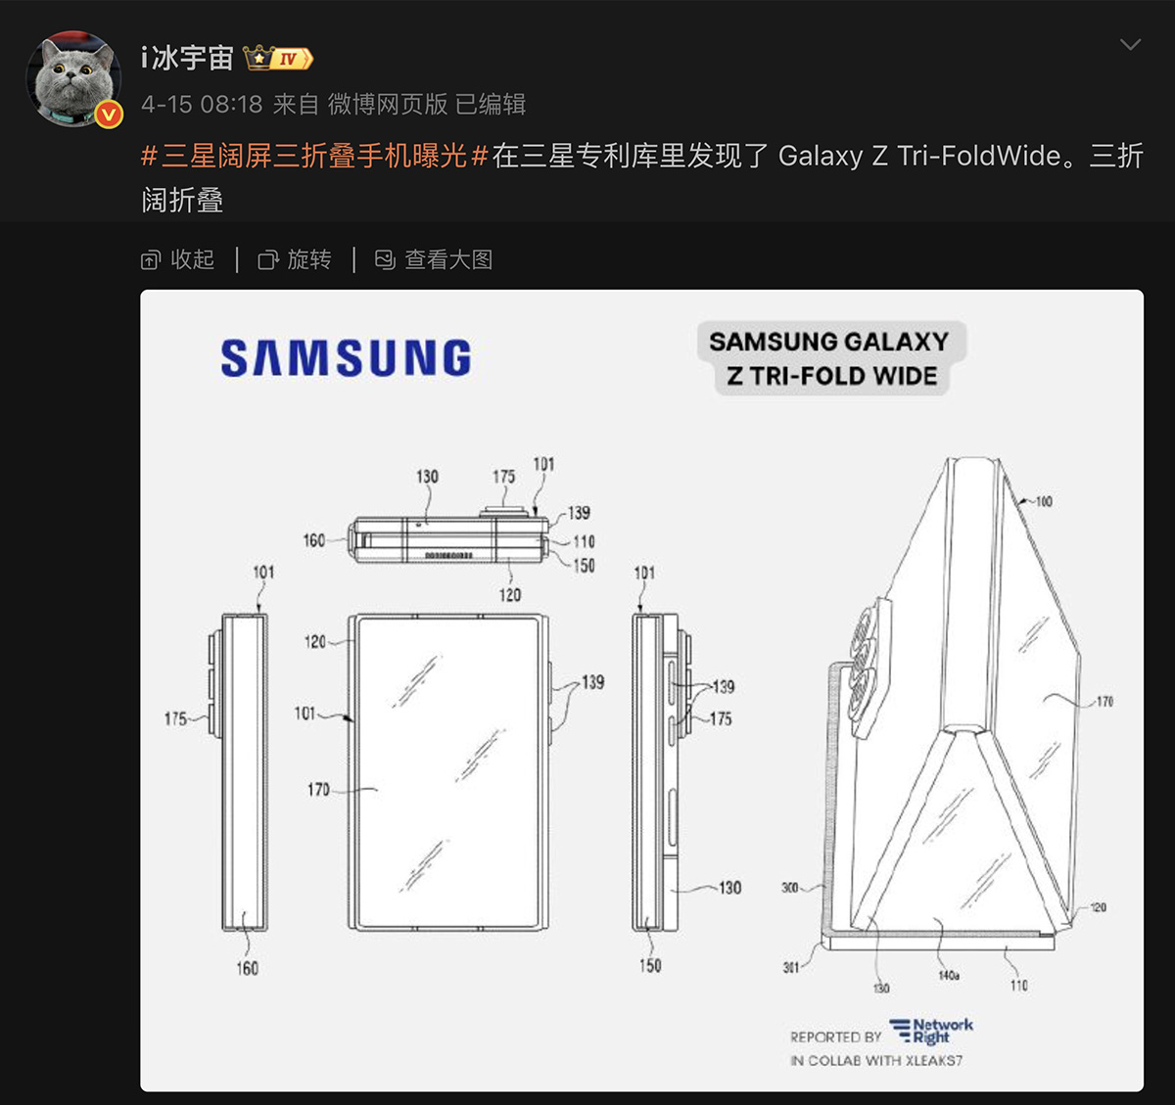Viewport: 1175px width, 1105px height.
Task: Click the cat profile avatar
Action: (73, 79)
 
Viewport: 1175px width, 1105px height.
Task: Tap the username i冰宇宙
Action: (188, 59)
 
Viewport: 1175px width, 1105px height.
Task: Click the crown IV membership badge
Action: (278, 59)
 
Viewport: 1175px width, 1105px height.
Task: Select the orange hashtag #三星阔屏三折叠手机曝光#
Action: (314, 157)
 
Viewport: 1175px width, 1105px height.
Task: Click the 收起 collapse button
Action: (177, 259)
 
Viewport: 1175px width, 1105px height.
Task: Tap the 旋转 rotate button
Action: (295, 259)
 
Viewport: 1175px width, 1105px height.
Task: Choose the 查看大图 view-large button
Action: (434, 259)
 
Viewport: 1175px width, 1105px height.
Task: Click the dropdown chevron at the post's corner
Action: (1130, 45)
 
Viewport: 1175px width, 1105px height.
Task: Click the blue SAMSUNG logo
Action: (346, 358)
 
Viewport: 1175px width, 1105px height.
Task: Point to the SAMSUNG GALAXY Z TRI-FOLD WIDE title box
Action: (831, 358)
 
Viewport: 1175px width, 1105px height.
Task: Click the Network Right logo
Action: (931, 1031)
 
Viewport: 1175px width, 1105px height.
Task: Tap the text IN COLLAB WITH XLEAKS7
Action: (876, 1061)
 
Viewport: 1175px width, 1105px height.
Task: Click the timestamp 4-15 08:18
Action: (202, 105)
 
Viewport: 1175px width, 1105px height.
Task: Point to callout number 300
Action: (790, 888)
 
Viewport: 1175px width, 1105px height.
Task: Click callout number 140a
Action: (949, 975)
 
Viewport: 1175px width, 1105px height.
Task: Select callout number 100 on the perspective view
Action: (1044, 502)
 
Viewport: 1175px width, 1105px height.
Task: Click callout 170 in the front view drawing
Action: (318, 789)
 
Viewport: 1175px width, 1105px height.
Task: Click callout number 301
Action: (791, 967)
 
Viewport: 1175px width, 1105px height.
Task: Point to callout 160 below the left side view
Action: (248, 968)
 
